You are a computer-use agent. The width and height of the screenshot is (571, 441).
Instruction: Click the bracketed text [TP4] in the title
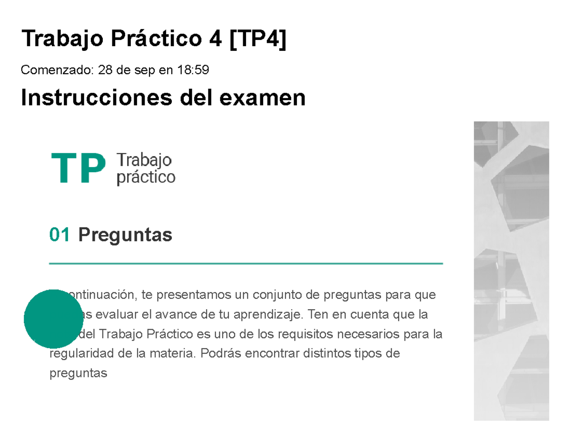[x=257, y=39]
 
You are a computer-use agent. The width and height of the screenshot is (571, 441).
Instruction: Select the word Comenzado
[x=57, y=70]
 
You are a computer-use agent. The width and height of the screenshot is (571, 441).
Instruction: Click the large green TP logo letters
[x=78, y=169]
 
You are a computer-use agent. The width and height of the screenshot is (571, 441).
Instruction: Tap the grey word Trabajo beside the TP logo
[x=144, y=160]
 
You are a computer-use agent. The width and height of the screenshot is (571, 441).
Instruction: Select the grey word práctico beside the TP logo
[x=146, y=178]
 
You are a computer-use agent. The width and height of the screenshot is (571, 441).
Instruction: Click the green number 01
[x=60, y=235]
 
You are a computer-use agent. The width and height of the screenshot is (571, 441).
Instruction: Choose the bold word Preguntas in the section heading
[x=125, y=235]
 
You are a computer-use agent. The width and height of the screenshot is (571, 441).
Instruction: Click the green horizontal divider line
[x=246, y=263]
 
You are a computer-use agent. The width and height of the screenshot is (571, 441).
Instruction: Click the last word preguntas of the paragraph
[x=79, y=373]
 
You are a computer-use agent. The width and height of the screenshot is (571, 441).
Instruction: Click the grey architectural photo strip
[x=512, y=271]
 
